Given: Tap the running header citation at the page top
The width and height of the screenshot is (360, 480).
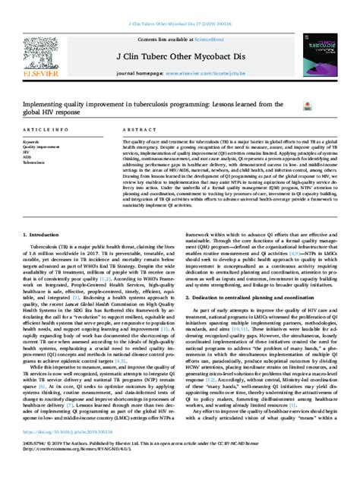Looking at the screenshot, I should tap(179, 7).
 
